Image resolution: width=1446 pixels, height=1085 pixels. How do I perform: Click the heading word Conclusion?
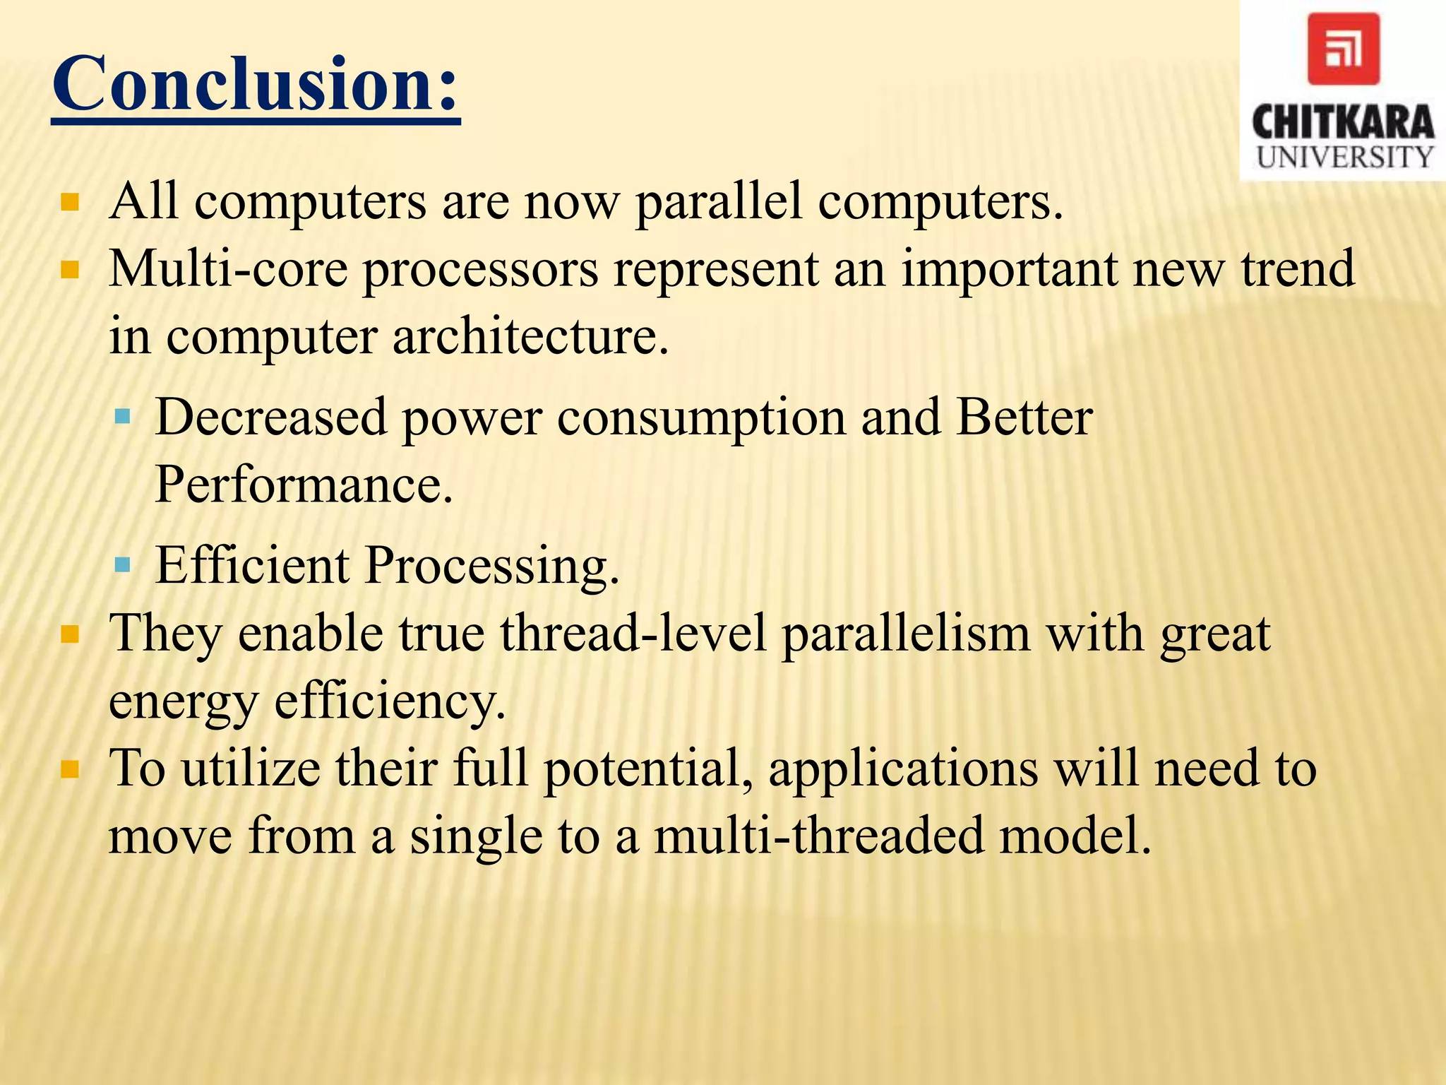pos(256,85)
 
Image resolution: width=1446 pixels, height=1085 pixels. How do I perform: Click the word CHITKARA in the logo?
pos(1343,121)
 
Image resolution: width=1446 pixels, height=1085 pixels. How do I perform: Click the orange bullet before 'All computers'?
pos(70,203)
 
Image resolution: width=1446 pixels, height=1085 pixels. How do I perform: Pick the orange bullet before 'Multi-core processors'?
pos(70,271)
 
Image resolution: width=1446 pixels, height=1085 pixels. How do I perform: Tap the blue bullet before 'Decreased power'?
pos(123,417)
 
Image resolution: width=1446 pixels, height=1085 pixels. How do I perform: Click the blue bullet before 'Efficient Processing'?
pos(123,564)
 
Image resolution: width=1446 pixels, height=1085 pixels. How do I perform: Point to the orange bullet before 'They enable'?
pos(70,634)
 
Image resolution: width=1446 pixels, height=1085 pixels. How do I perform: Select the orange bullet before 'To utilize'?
pos(70,769)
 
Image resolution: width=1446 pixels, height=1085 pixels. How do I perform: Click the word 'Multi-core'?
pos(227,270)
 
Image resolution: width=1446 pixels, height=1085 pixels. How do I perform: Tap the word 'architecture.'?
pos(530,336)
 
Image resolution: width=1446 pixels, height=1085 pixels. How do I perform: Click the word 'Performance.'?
pos(304,485)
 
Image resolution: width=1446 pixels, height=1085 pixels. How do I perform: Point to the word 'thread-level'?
pos(633,634)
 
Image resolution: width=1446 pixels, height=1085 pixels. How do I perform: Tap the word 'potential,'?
pos(648,770)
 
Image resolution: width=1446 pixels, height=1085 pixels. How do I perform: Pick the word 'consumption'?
pos(701,418)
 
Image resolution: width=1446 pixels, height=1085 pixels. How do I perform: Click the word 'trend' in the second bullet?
pos(1298,270)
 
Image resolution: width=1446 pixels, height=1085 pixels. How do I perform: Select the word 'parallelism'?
pos(906,634)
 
